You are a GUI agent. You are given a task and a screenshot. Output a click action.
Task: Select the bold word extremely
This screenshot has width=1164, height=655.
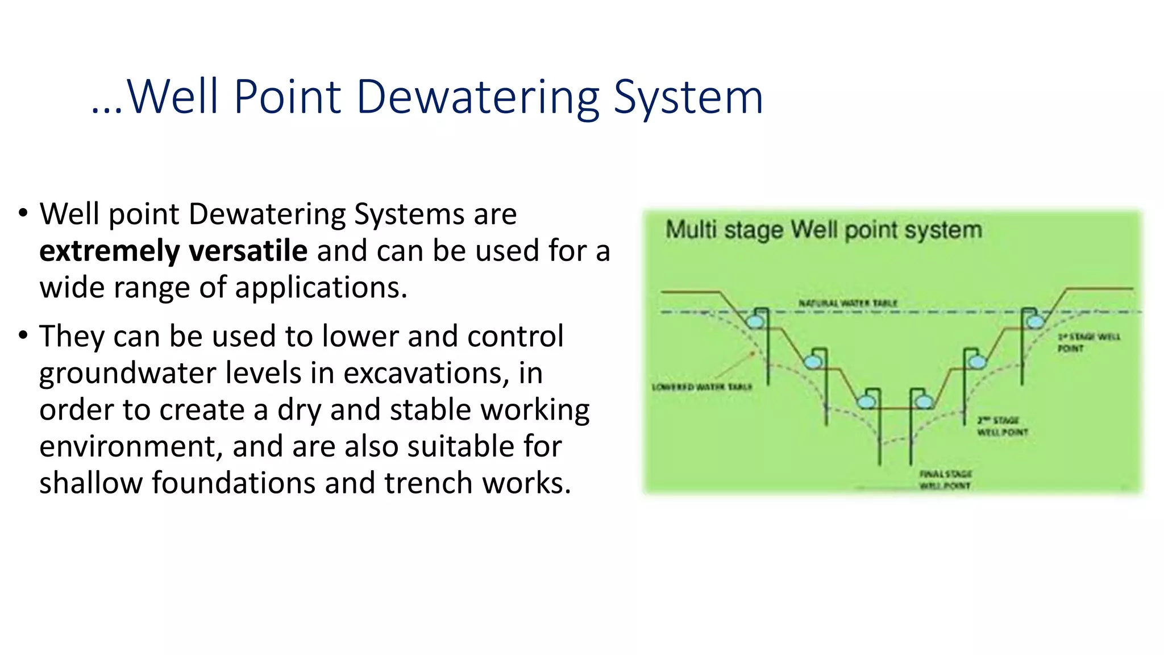pyautogui.click(x=109, y=251)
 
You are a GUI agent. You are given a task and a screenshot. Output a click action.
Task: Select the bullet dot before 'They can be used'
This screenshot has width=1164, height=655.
pyautogui.click(x=23, y=335)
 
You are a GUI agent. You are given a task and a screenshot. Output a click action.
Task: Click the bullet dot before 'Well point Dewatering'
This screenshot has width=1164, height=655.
pyautogui.click(x=23, y=214)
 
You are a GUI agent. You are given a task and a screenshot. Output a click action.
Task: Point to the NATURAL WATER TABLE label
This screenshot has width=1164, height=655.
pyautogui.click(x=847, y=304)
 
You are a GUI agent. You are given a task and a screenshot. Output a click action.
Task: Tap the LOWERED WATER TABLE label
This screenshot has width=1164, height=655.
pyautogui.click(x=701, y=387)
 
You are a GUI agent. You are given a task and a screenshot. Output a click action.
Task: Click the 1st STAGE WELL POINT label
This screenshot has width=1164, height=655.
pyautogui.click(x=1088, y=342)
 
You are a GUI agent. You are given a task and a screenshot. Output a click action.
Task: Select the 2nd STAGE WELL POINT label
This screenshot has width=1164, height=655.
pyautogui.click(x=1003, y=426)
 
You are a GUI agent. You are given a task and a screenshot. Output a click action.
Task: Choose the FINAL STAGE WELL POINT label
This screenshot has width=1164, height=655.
pyautogui.click(x=945, y=480)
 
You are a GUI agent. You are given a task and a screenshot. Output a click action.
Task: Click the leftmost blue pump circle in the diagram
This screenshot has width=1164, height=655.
pyautogui.click(x=755, y=322)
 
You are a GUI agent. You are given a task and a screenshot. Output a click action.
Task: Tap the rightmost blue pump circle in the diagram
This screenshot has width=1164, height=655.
pyautogui.click(x=1035, y=322)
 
